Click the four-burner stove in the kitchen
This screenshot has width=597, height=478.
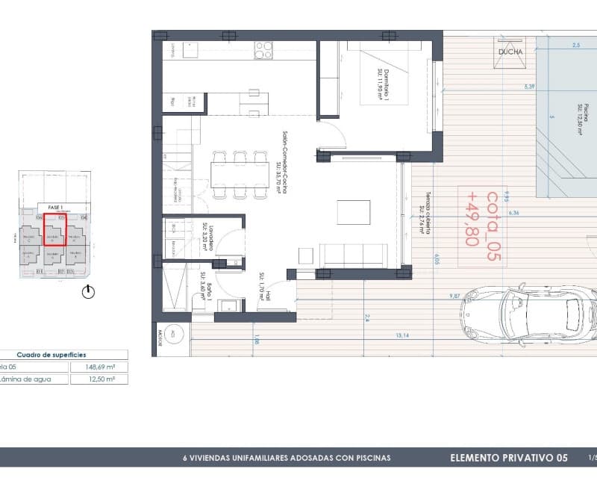click(x=263, y=50)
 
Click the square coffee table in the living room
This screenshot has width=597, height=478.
click(x=352, y=211)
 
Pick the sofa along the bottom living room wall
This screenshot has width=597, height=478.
click(x=352, y=255)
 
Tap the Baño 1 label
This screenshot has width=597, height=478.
click(x=205, y=285)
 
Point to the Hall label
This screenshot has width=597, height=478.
click(x=266, y=282)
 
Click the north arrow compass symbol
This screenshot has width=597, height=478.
click(x=89, y=292)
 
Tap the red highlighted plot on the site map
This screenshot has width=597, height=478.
click(x=54, y=229)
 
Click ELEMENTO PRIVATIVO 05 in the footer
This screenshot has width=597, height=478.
click(x=509, y=457)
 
